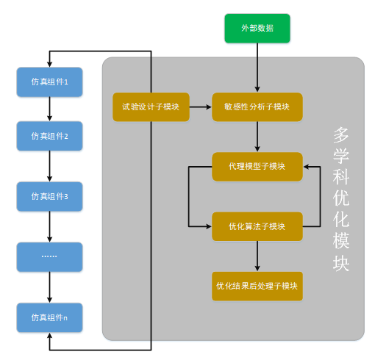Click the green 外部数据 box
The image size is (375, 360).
tap(257, 29)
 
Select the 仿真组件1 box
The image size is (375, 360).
tap(49, 82)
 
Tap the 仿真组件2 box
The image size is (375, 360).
tap(49, 136)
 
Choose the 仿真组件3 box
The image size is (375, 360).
tap(49, 196)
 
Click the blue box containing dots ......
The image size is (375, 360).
tap(49, 256)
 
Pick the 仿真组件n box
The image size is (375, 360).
tap(49, 317)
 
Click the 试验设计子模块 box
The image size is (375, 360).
tap(151, 107)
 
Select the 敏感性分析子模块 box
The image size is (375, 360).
tap(257, 107)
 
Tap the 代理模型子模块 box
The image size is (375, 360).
tap(257, 167)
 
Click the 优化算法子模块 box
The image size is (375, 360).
tap(257, 226)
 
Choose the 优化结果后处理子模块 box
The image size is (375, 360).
tap(257, 285)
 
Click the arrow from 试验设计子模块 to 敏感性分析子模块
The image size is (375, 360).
tap(201, 107)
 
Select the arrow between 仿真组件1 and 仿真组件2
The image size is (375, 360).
tap(49, 109)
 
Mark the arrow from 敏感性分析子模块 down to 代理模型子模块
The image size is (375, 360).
tap(257, 137)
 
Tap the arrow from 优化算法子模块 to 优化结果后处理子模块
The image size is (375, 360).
tap(257, 256)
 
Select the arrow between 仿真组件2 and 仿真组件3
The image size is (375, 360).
tap(49, 166)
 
